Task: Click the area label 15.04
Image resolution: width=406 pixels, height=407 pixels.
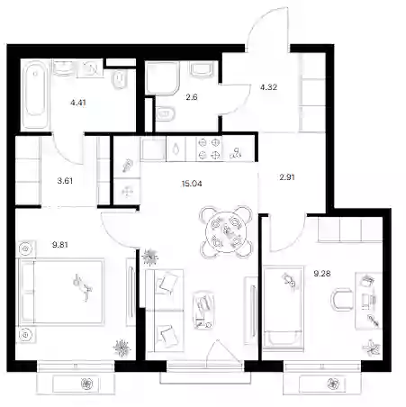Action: tap(192, 184)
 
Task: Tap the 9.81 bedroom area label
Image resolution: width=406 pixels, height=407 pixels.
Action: tap(60, 245)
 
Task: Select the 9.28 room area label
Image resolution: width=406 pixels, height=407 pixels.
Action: tap(322, 274)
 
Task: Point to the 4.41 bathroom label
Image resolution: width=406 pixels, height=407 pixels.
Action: tap(78, 103)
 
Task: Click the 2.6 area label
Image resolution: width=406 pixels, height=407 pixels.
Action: tap(192, 97)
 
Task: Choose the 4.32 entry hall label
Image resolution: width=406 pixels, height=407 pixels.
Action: tap(268, 87)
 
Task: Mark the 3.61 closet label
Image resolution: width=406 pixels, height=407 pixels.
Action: tap(65, 181)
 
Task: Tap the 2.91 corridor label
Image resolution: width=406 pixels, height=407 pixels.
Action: tap(287, 177)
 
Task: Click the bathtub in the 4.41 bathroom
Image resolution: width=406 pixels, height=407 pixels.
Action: tap(35, 95)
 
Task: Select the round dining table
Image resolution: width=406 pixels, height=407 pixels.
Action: tap(226, 231)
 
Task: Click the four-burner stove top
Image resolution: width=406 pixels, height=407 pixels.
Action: tap(209, 149)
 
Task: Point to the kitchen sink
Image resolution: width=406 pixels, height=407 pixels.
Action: tap(176, 149)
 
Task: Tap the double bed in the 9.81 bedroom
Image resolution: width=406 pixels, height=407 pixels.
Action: tap(61, 291)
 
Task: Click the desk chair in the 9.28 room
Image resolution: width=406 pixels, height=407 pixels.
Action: tap(343, 300)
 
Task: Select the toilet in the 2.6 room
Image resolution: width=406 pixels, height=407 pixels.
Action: tap(166, 113)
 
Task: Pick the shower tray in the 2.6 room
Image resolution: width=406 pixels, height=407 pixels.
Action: tap(163, 77)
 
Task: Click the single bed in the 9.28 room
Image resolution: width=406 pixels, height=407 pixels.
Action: tap(283, 307)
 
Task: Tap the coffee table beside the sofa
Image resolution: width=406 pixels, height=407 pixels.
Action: tap(204, 310)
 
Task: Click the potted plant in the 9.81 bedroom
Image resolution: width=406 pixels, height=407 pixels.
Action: tap(122, 348)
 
